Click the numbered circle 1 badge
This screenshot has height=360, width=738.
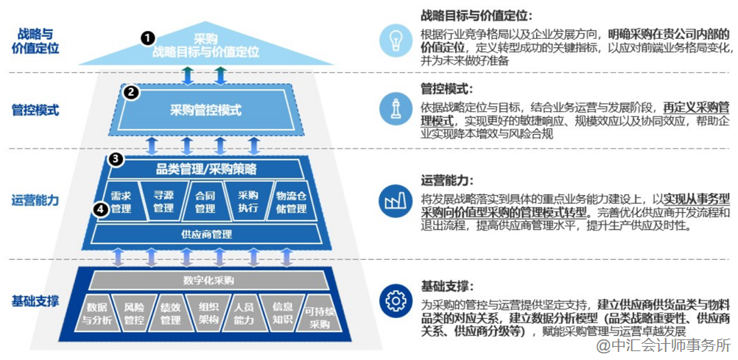(x=148, y=37)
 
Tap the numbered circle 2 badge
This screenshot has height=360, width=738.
(x=131, y=92)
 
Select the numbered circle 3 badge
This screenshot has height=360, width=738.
(x=115, y=158)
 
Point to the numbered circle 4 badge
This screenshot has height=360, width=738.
(x=101, y=209)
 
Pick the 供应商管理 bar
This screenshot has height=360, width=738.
(x=206, y=235)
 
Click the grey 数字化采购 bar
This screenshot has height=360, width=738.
(x=208, y=280)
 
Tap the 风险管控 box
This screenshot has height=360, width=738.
(x=134, y=314)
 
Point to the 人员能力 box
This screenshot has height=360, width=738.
(x=244, y=314)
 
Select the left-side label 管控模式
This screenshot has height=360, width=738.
(x=35, y=110)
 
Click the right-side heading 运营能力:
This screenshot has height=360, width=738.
(x=446, y=180)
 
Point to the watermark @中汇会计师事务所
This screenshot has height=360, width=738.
(x=663, y=345)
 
